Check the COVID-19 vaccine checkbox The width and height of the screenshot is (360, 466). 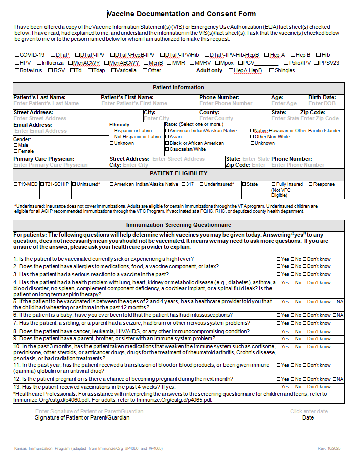pos(17,55)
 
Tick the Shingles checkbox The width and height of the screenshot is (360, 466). pos(272,71)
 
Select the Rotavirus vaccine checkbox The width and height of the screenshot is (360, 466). pos(17,71)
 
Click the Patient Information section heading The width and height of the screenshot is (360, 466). pos(178,87)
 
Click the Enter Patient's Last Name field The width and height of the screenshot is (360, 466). pos(46,103)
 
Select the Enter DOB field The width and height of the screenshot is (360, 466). pos(322,103)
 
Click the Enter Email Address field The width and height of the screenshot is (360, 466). pos(40,131)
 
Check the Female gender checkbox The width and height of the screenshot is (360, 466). pos(15,151)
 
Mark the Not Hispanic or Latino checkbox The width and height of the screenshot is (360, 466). pos(112,137)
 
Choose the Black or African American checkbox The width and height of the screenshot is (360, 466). pos(167,143)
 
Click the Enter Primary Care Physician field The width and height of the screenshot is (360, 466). pos(51,165)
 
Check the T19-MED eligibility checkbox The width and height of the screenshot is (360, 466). pos(15,184)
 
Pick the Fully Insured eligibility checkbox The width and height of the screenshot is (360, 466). pos(274,184)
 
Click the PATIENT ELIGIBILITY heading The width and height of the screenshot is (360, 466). pos(178,173)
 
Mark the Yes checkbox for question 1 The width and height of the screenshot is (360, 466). pos(278,259)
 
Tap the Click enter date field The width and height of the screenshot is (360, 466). pos(308,411)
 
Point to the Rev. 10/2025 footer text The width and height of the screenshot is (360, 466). pos(329,448)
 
